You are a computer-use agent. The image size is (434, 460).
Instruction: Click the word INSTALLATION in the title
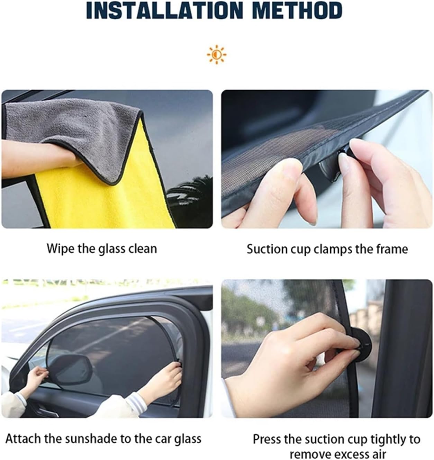[163, 11]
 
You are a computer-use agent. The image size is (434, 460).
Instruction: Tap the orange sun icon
[217, 55]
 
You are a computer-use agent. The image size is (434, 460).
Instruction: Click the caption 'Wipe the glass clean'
[102, 249]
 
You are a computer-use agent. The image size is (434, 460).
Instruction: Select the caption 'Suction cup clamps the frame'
[327, 249]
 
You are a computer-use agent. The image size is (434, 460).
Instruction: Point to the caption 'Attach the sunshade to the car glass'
[103, 439]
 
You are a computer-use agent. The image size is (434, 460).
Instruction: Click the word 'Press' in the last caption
[267, 439]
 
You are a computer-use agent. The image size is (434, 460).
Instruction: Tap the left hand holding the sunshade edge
[36, 376]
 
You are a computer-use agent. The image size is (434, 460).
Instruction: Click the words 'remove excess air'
[337, 453]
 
